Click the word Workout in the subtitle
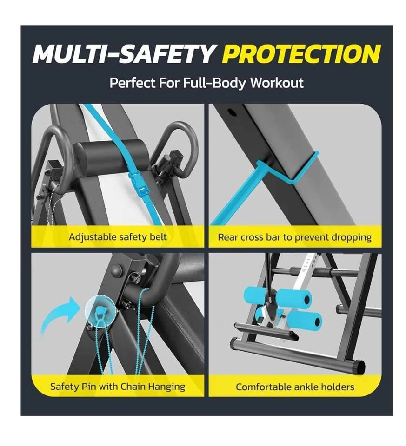pyautogui.click(x=277, y=83)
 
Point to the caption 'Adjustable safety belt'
pyautogui.click(x=118, y=237)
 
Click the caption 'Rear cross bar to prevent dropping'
pyautogui.click(x=295, y=237)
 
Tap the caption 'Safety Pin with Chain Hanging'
pyautogui.click(x=118, y=387)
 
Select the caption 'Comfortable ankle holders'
pyautogui.click(x=295, y=387)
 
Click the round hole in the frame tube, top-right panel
pyautogui.click(x=233, y=112)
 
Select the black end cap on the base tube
pyautogui.click(x=359, y=367)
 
